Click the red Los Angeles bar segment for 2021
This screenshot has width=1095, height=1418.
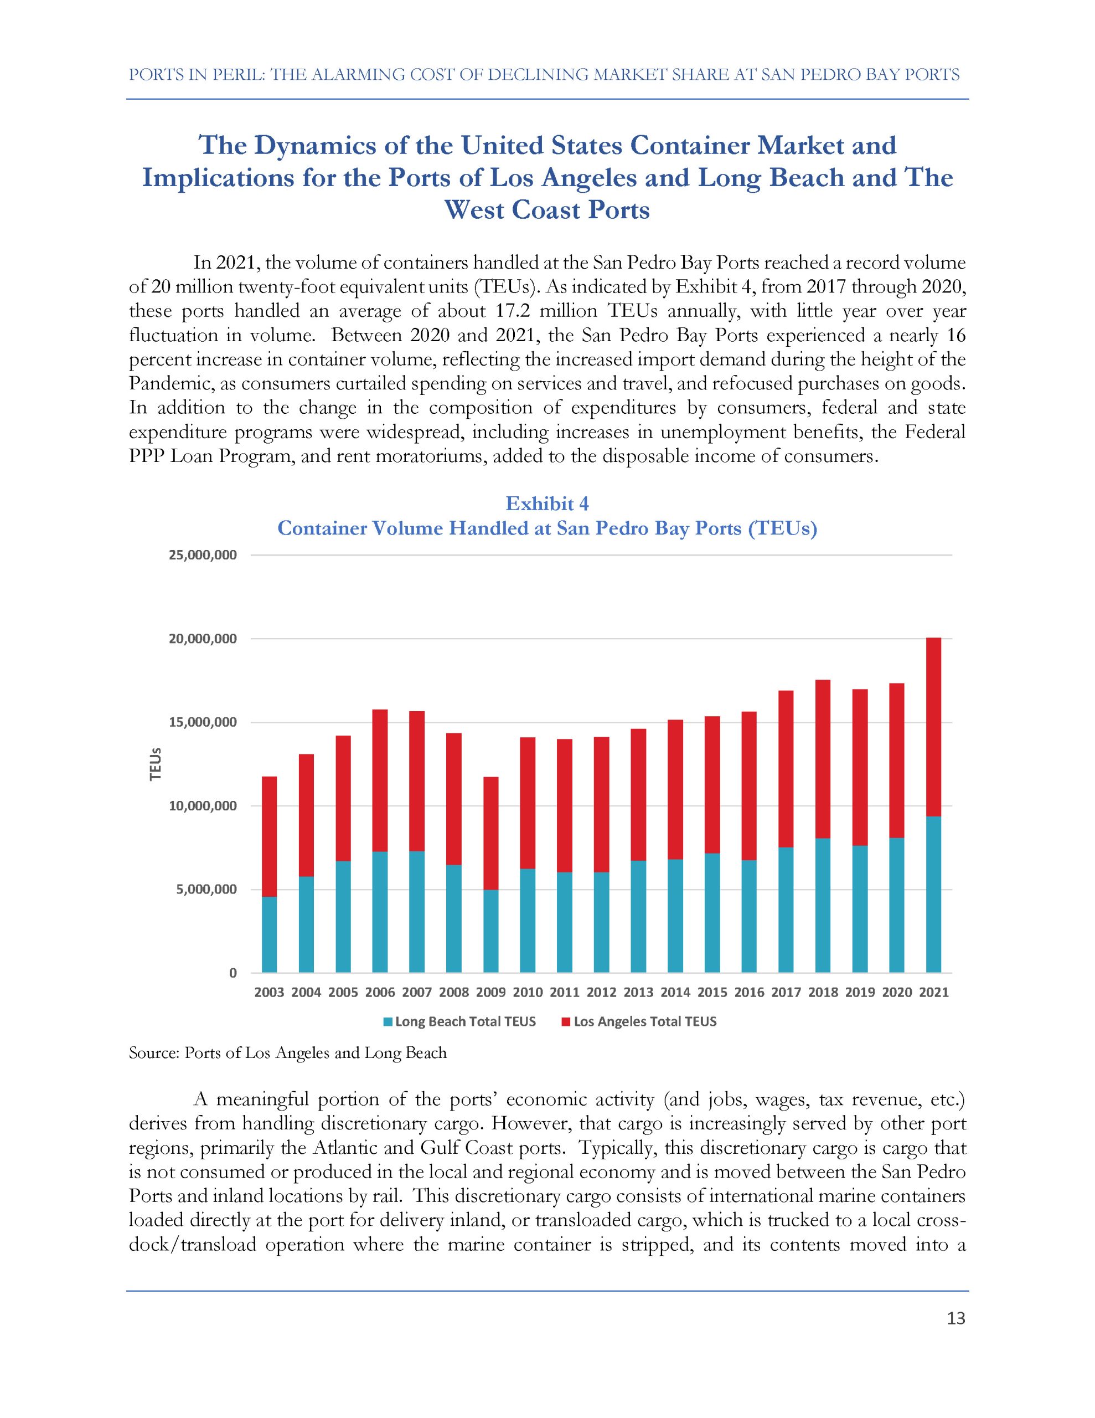coord(933,727)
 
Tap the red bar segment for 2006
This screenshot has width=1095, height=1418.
coord(380,780)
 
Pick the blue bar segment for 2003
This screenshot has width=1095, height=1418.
coord(270,935)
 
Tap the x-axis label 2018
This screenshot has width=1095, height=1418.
coord(823,993)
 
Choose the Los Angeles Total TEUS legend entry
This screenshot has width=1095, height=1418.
coord(639,1022)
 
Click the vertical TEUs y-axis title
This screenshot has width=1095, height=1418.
coord(155,764)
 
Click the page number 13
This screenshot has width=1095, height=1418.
coord(956,1319)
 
